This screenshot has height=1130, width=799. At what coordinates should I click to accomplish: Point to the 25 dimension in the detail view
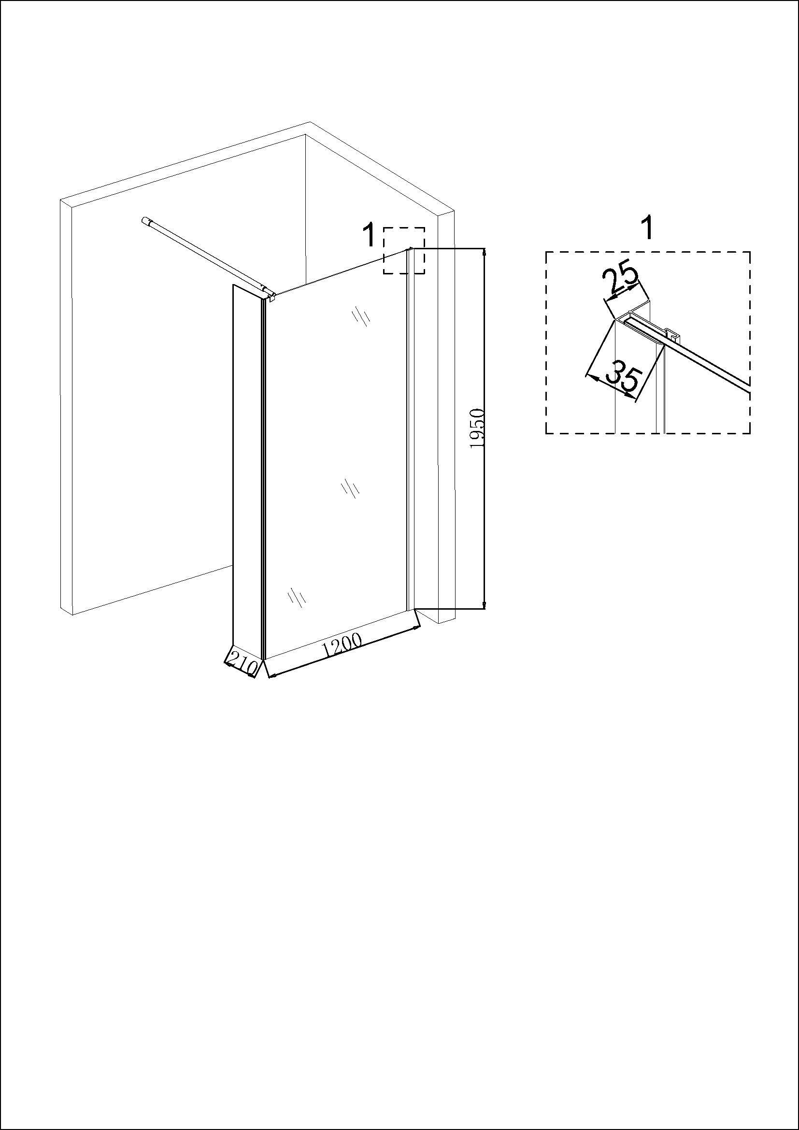620,282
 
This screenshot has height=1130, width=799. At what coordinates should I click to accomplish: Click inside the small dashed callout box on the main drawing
404,251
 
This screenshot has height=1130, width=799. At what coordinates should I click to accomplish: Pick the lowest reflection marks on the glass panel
297,597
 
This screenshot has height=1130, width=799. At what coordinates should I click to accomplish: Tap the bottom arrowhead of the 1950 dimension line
485,605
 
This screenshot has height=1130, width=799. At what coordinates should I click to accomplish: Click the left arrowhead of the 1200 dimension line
271,676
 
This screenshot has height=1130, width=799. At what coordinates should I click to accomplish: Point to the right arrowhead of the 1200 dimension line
417,628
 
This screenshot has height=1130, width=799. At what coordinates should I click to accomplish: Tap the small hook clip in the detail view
672,334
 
